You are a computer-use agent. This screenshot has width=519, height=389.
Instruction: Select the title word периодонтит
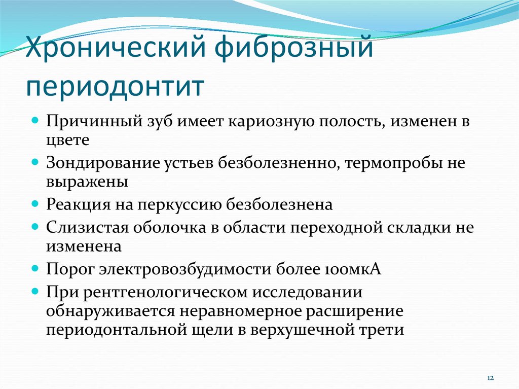(115, 87)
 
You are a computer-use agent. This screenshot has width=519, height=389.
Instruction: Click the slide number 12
(491, 378)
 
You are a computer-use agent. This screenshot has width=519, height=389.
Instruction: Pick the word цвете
(67, 140)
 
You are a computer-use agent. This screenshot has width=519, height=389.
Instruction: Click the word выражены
(87, 183)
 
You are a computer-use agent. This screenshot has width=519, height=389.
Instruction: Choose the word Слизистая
(87, 227)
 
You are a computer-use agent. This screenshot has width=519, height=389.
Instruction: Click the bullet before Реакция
(35, 203)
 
